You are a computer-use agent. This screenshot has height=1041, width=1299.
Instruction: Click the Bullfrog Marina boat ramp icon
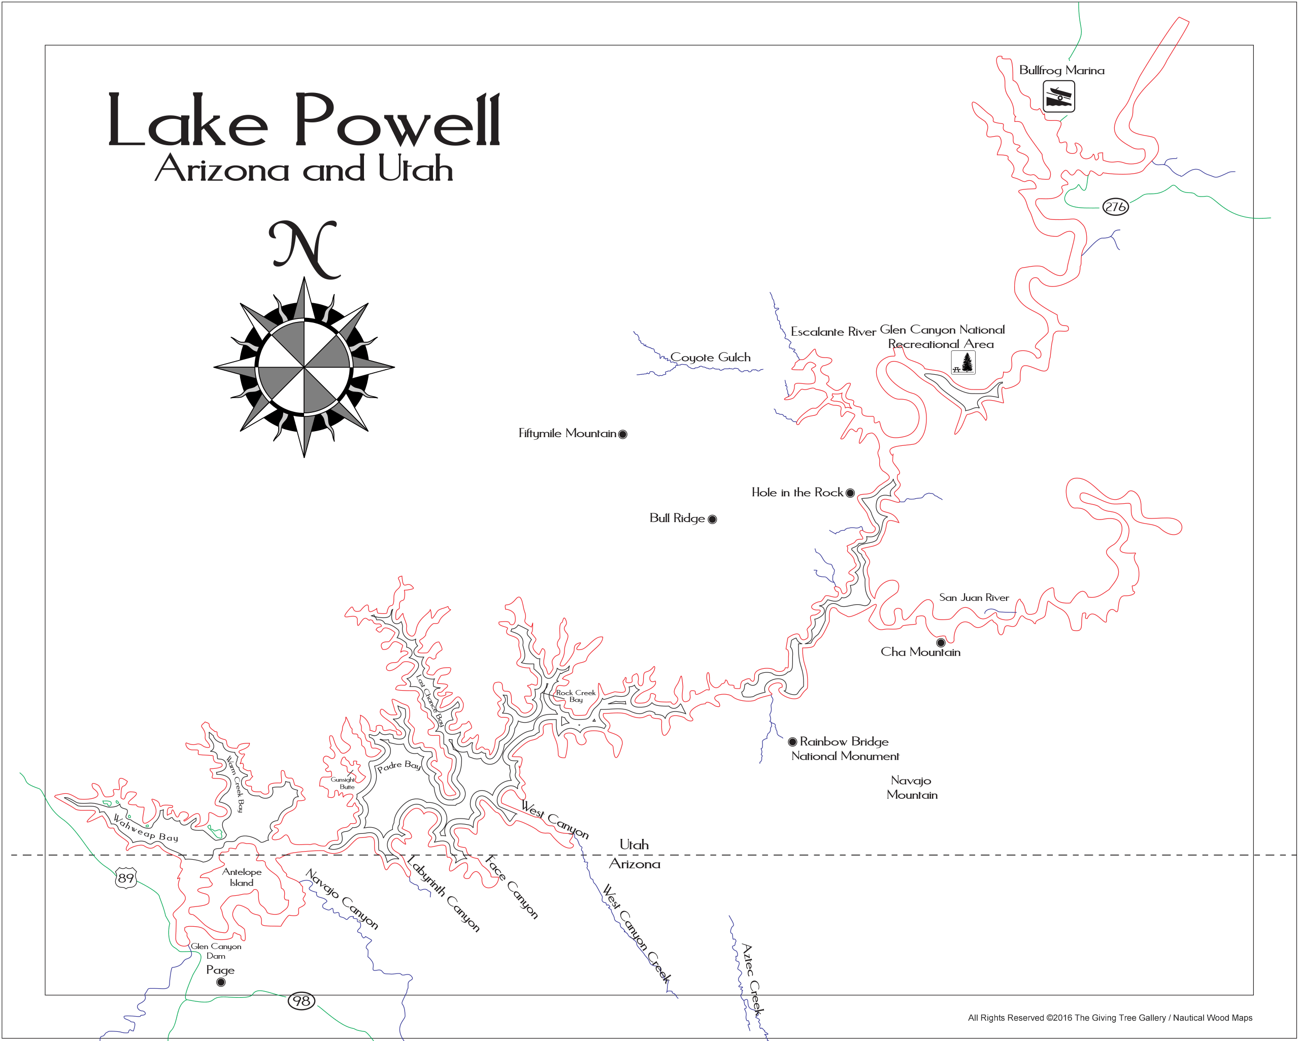[x=1058, y=96]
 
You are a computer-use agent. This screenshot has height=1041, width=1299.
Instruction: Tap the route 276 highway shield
[x=1115, y=207]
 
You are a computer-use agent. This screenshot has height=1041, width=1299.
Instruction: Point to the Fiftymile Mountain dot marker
[x=623, y=434]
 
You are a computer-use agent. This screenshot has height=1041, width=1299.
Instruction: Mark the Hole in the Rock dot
[x=850, y=493]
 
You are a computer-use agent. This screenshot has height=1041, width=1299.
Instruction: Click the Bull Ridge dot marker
[x=712, y=519]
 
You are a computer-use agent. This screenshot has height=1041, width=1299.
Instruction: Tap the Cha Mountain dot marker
[x=941, y=642]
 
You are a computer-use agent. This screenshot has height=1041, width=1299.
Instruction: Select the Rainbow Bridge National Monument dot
[x=792, y=741]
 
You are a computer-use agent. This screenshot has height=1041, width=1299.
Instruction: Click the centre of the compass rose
[x=304, y=367]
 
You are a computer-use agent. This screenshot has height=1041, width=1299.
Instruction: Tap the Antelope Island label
[x=242, y=877]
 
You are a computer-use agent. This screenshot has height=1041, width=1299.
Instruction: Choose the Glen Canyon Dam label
[x=216, y=951]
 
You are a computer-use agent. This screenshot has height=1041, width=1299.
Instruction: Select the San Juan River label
[x=974, y=597]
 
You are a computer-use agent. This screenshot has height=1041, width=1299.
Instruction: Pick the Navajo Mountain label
[x=912, y=787]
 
